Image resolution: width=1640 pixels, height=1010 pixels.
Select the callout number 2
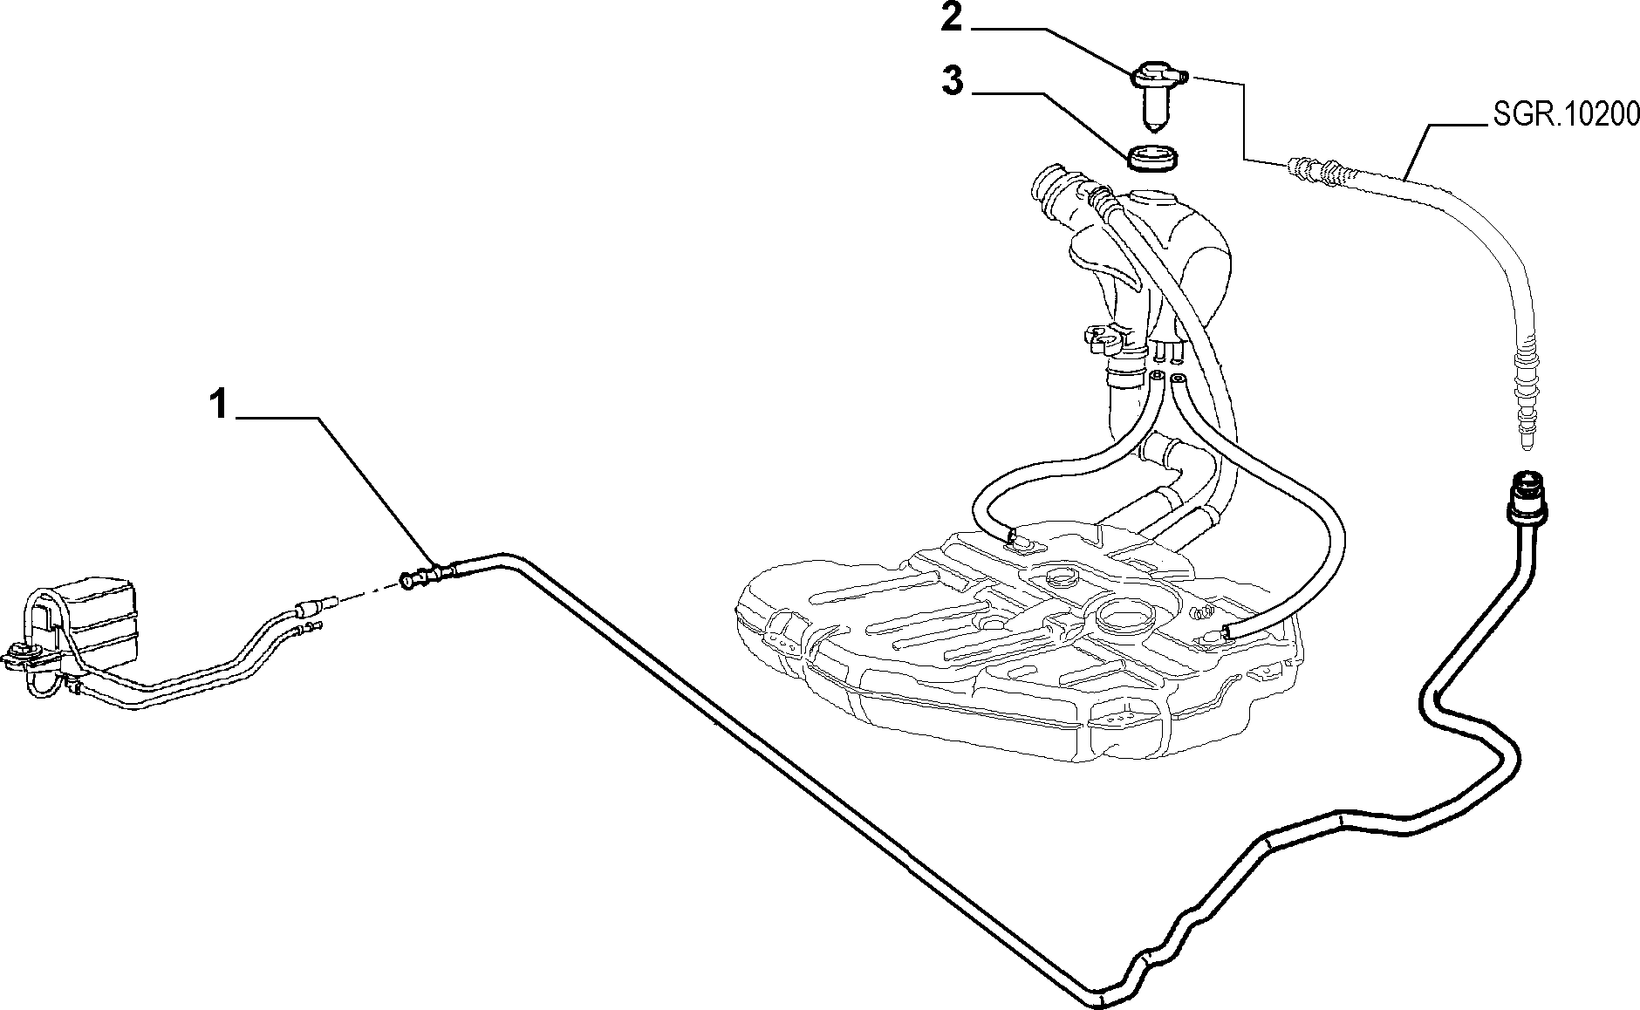[952, 18]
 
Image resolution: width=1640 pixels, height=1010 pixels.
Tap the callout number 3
[953, 83]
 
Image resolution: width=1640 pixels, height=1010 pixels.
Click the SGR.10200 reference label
[1562, 114]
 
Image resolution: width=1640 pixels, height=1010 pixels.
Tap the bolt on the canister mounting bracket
[18, 652]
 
